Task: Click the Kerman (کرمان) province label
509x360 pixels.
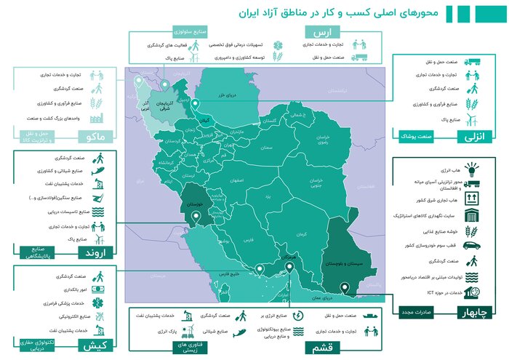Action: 302,234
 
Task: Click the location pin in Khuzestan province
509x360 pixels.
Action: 193,223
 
